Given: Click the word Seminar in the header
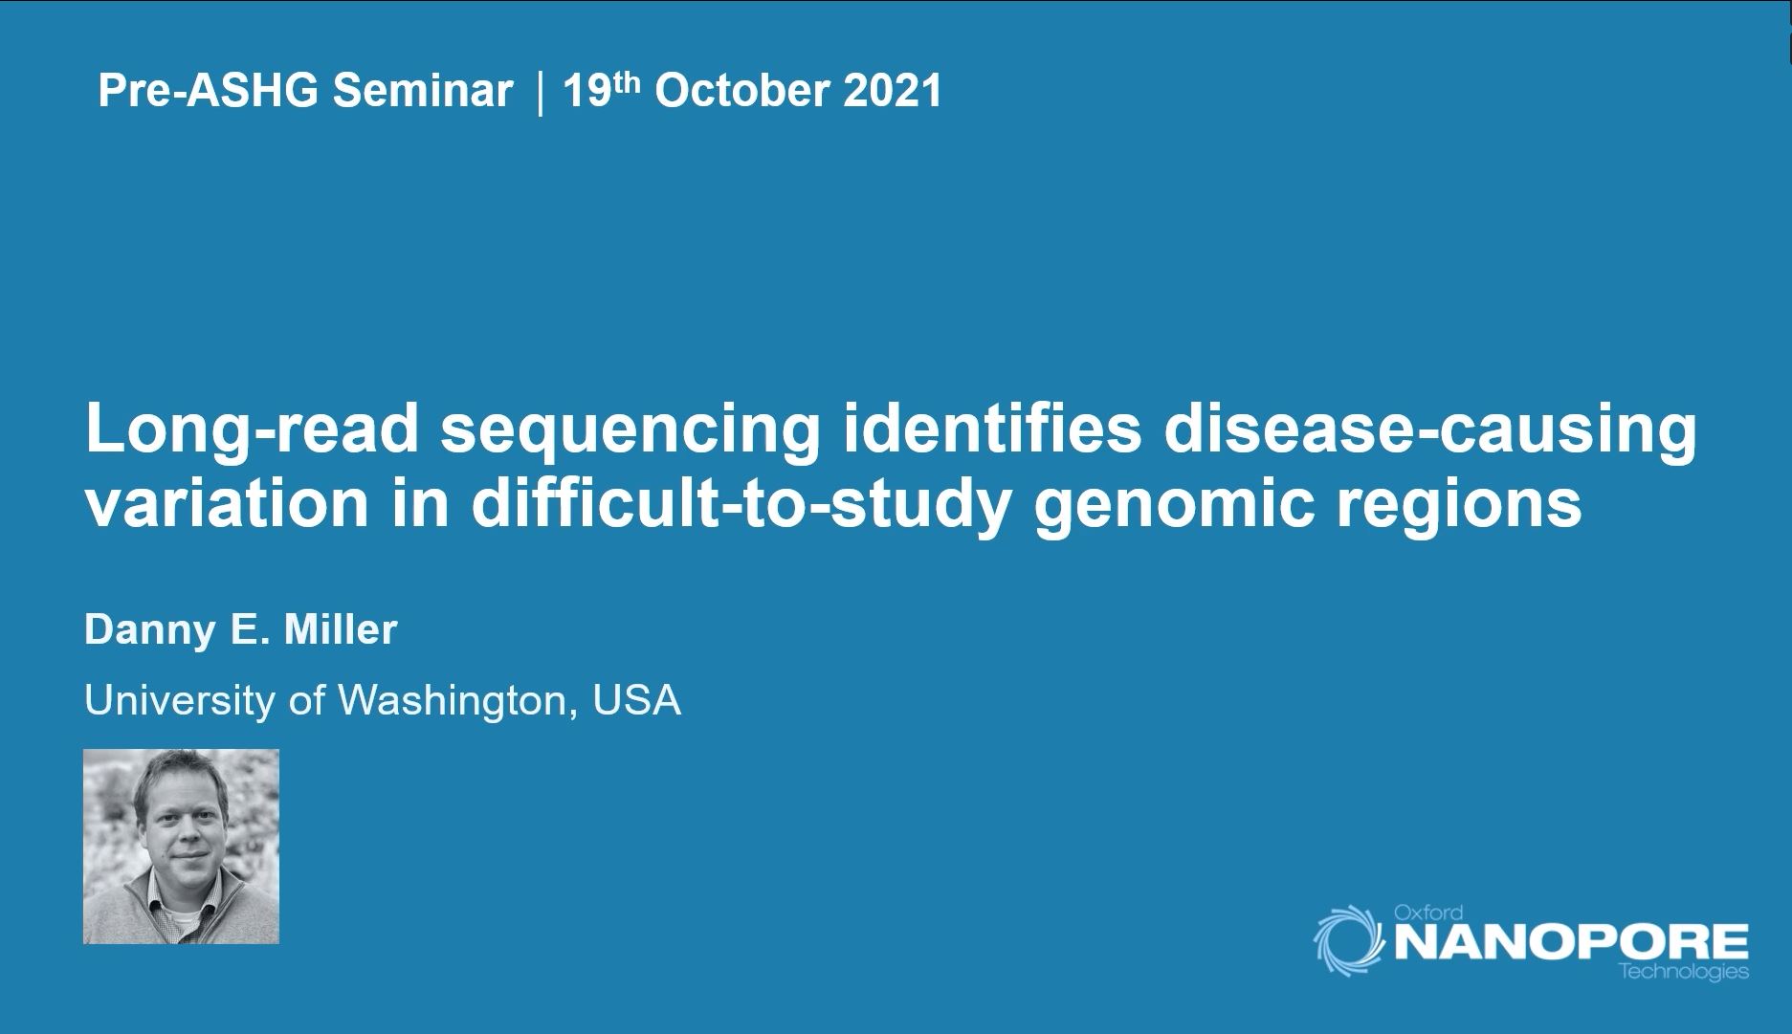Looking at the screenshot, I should (422, 91).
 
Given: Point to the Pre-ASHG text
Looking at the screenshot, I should (208, 91).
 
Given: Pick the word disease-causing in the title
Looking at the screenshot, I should (1430, 430).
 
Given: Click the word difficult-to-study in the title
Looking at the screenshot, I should (739, 505).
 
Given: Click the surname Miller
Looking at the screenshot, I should (342, 629).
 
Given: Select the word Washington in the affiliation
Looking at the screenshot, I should (457, 701).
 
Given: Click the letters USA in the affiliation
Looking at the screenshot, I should (636, 700).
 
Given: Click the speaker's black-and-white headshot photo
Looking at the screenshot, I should (181, 847).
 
